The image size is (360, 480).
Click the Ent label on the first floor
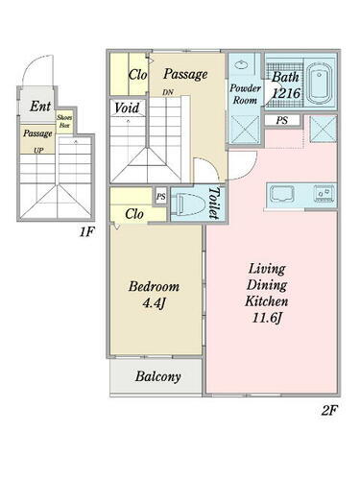[39, 107]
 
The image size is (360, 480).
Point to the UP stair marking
[37, 151]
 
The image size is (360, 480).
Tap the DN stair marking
[168, 92]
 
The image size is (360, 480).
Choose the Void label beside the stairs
[127, 108]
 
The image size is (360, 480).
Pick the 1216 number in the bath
[285, 93]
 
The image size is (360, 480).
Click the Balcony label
[157, 376]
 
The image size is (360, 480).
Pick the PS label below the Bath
[281, 120]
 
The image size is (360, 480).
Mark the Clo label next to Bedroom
[134, 213]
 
